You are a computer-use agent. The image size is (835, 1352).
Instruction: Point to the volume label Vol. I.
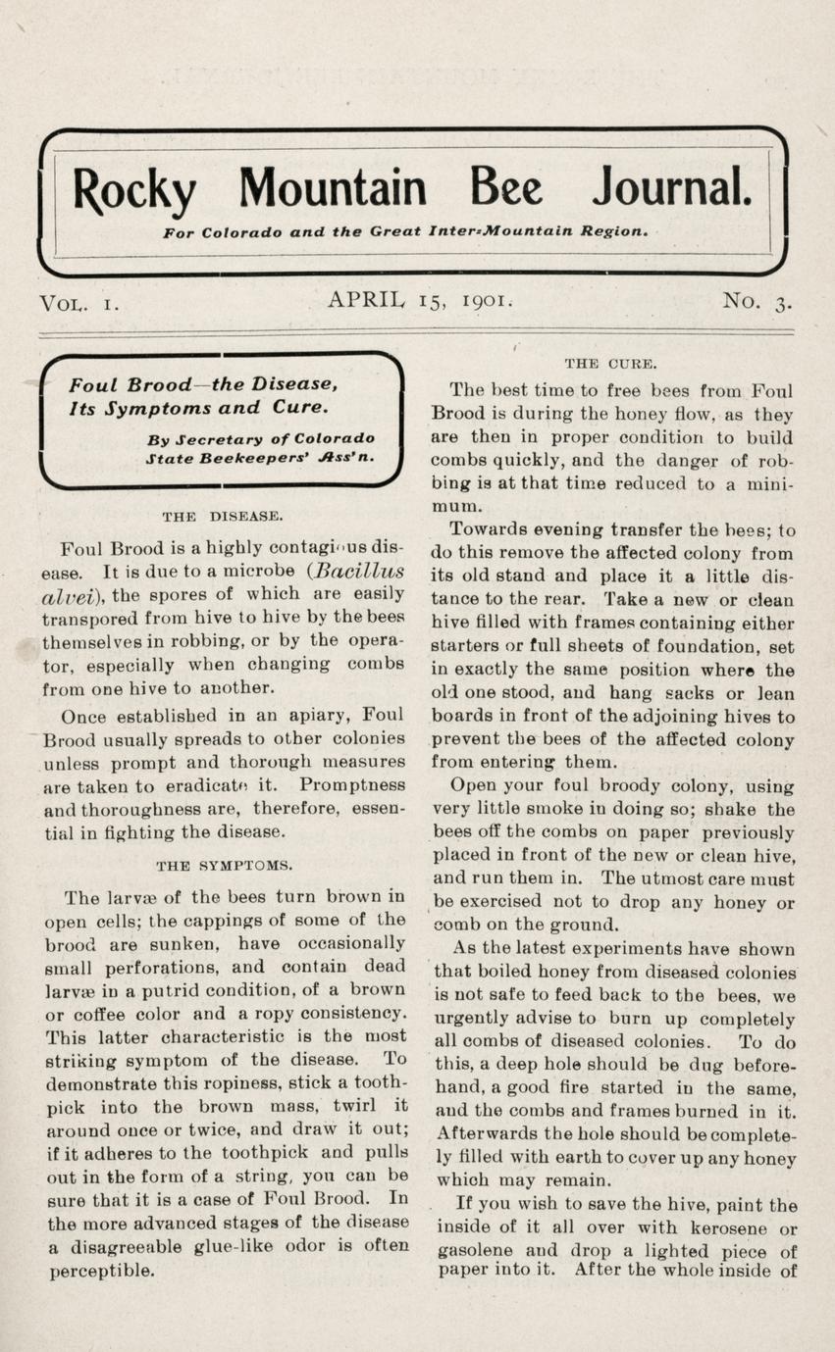tap(79, 303)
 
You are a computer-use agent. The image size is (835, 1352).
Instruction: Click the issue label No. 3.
tap(757, 302)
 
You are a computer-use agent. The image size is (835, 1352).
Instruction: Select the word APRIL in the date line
tap(369, 300)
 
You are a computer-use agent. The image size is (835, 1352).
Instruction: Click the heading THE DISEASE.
tap(223, 515)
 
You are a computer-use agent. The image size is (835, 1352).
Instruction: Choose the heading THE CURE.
tap(610, 364)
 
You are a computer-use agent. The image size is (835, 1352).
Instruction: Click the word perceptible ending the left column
tap(102, 1271)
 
